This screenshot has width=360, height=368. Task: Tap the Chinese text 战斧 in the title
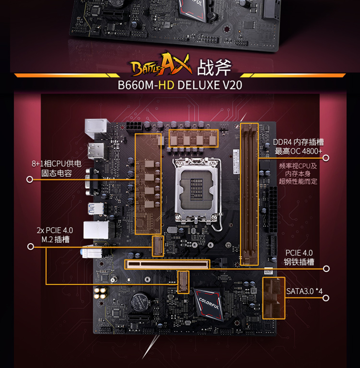tap(215, 68)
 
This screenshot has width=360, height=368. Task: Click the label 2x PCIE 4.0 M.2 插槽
tap(55, 235)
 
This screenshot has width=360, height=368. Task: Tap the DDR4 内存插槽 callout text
tap(298, 146)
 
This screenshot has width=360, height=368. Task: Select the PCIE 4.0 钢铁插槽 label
tap(299, 257)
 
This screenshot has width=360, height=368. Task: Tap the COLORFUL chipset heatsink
tap(208, 302)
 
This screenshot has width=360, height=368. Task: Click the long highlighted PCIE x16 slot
tap(167, 264)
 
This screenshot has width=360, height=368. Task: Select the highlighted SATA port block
tap(273, 298)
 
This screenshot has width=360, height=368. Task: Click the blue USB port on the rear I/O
tap(93, 209)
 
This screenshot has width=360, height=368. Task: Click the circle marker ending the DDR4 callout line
tap(326, 158)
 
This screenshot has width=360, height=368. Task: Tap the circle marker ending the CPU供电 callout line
tap(30, 179)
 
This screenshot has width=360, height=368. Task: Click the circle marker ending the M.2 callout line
tap(31, 247)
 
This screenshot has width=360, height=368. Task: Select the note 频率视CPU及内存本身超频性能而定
tap(298, 174)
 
